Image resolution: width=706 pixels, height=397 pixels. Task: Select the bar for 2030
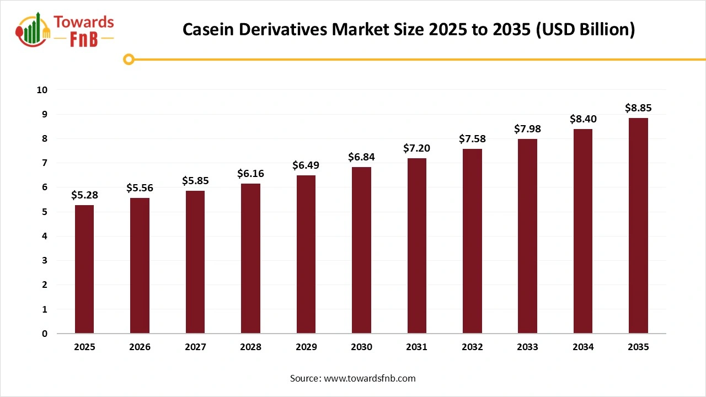(361, 250)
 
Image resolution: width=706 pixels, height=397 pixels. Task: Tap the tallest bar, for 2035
(638, 226)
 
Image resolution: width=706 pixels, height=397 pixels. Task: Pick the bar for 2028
(250, 259)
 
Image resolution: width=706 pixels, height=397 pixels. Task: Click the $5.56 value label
(140, 188)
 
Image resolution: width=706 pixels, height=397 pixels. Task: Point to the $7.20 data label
(416, 148)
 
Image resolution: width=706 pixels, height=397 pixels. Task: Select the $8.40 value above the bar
(583, 119)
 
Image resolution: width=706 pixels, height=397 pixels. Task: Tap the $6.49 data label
(306, 165)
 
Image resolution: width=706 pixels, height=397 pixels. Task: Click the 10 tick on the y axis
(42, 90)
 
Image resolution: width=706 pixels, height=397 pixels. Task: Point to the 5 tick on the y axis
(45, 212)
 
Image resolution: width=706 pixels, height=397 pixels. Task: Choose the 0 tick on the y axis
(45, 334)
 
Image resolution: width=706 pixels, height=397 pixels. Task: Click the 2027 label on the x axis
(195, 347)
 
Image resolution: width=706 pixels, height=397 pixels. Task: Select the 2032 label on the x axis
(472, 347)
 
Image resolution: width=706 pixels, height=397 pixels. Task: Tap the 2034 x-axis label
(583, 347)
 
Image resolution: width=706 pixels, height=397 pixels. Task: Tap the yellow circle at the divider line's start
(129, 59)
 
